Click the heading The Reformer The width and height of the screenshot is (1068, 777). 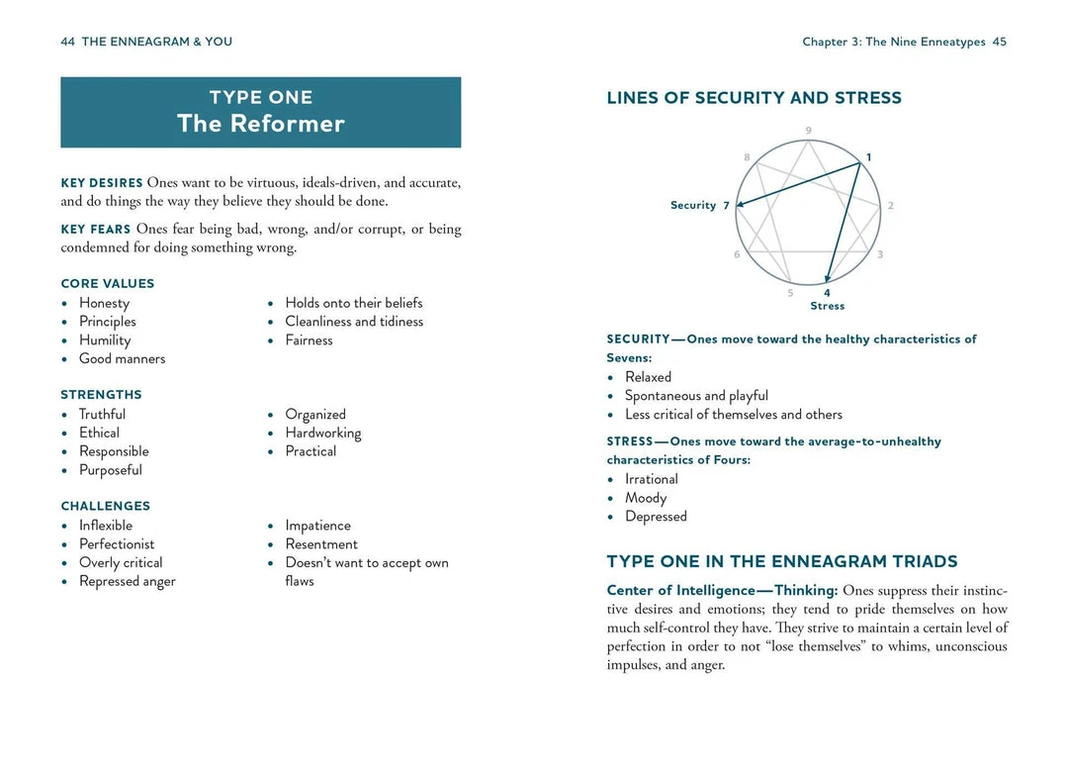click(x=261, y=124)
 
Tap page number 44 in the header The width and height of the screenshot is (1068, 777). click(x=68, y=42)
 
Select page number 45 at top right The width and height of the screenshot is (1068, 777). click(x=999, y=42)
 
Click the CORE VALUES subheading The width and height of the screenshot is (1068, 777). click(x=108, y=283)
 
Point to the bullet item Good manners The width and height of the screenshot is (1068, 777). click(x=122, y=358)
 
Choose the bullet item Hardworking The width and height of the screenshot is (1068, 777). click(x=322, y=433)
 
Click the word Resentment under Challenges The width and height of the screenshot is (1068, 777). click(x=321, y=543)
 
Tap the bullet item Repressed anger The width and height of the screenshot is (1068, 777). click(x=127, y=581)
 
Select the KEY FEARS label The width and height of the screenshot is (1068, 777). click(x=96, y=230)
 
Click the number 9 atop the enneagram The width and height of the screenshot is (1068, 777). click(x=809, y=131)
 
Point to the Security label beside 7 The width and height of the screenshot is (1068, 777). click(x=692, y=205)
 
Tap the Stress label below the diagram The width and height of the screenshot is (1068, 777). click(x=828, y=306)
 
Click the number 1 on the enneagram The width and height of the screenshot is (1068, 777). click(x=869, y=157)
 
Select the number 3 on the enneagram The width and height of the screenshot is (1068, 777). click(x=880, y=254)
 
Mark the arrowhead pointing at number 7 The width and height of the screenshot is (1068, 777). click(x=740, y=205)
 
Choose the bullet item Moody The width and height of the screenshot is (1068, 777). click(x=646, y=498)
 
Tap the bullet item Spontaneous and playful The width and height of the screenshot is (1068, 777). click(x=696, y=395)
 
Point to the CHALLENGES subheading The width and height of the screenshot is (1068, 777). click(x=106, y=506)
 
